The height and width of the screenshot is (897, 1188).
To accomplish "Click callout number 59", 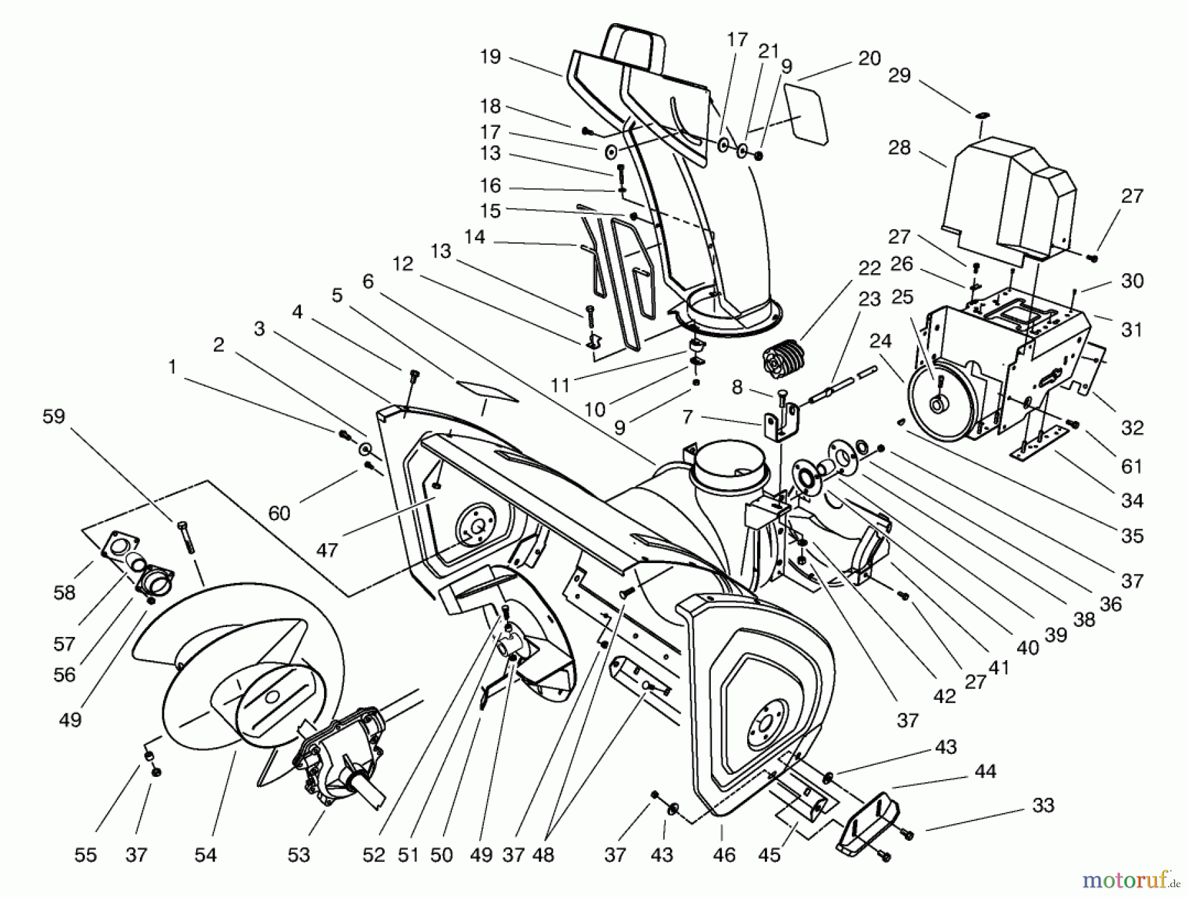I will [54, 416].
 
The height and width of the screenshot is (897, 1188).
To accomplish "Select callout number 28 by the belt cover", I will [899, 148].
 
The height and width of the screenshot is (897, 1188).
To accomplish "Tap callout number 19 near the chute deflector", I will [490, 57].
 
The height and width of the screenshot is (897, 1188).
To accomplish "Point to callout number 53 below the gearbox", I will [298, 855].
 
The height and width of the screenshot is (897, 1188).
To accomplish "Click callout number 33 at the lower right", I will [1043, 805].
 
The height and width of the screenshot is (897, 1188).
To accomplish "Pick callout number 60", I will [279, 513].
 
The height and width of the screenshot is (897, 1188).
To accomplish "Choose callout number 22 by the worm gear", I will [870, 269].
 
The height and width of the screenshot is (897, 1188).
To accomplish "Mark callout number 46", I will [724, 855].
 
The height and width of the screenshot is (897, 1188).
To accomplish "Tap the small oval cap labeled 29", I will [981, 116].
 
